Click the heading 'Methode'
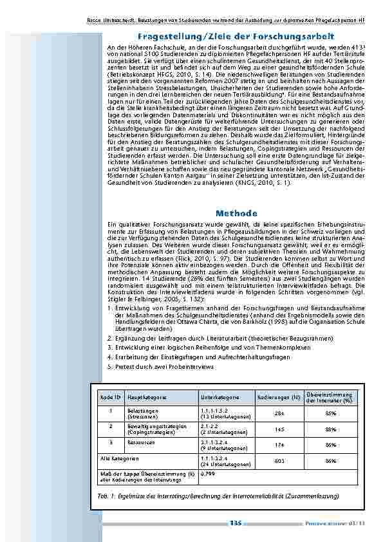pyautogui.click(x=236, y=213)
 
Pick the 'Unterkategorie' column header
pyautogui.click(x=220, y=397)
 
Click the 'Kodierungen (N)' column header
pyautogui.click(x=278, y=397)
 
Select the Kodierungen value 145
pyautogui.click(x=279, y=429)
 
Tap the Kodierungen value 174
pyautogui.click(x=279, y=444)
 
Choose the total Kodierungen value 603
pyautogui.click(x=279, y=461)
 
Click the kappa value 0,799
pyautogui.click(x=207, y=473)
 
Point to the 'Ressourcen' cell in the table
pyautogui.click(x=141, y=442)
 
